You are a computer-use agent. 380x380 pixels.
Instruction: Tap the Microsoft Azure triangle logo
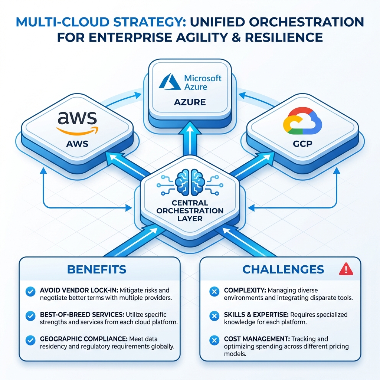[x=170, y=82]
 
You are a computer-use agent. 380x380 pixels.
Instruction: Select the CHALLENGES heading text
[x=283, y=269]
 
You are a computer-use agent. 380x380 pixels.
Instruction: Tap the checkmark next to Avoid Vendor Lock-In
[x=30, y=292]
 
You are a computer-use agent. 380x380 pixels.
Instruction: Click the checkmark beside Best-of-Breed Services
[x=30, y=315]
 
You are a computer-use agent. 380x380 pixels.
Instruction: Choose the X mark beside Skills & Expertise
[x=214, y=316]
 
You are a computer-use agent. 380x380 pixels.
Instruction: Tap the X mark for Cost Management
[x=214, y=339]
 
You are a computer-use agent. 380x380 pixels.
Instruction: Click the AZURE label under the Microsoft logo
[x=190, y=102]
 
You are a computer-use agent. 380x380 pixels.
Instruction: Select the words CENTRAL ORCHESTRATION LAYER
[x=190, y=210]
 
